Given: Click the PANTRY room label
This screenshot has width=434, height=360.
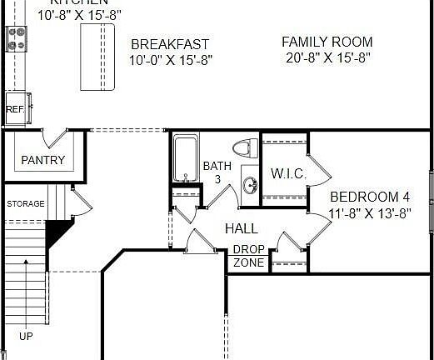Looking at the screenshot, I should [43, 160].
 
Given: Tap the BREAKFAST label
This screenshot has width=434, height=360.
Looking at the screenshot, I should [170, 44].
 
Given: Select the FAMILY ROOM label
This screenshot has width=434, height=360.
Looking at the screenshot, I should [327, 42].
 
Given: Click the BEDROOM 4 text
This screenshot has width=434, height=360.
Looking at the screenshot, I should [370, 197].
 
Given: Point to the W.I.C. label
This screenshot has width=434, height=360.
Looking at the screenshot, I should [289, 174].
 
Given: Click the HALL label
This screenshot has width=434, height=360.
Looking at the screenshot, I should [241, 227].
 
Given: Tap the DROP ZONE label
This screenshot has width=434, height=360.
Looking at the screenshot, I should [248, 256].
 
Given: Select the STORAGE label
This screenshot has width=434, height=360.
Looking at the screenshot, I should [26, 204].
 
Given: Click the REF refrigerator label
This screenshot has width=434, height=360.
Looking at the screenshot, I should [14, 109].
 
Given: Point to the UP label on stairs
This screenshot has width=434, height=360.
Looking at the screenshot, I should [27, 337].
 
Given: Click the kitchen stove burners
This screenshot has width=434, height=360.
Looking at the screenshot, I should [17, 37].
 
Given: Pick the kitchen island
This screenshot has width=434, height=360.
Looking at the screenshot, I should [97, 57].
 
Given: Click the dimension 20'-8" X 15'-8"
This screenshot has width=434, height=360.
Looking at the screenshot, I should [327, 57].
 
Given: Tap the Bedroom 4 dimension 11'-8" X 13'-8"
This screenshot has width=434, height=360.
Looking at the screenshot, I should [370, 213].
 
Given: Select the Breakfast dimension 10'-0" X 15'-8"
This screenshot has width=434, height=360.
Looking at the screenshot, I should [170, 60].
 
